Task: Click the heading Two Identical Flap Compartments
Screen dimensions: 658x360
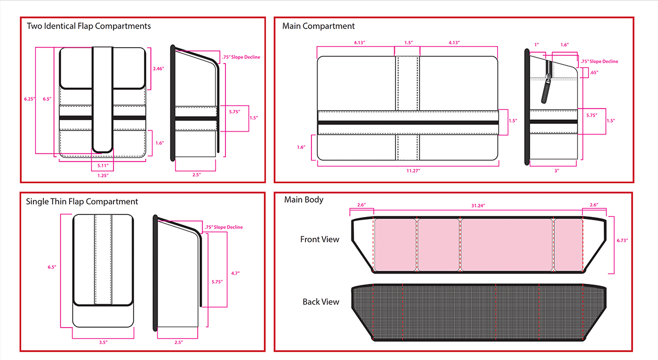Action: (89, 26)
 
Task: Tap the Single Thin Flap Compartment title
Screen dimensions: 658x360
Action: (82, 202)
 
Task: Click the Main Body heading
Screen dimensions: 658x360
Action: (304, 199)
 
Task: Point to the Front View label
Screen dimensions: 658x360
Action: (320, 239)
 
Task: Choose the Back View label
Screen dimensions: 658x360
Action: (321, 302)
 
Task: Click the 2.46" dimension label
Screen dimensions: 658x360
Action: (158, 68)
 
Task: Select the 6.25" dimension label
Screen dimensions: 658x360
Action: (29, 99)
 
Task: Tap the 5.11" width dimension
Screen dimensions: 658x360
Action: (103, 165)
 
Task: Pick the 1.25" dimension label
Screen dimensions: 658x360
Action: (103, 175)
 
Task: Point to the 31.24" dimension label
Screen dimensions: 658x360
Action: (478, 205)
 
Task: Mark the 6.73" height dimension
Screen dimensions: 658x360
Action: (622, 240)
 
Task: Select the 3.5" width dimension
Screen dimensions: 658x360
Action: (103, 342)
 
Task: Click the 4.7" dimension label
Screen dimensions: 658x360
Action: (236, 272)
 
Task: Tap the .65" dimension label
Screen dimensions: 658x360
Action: (594, 72)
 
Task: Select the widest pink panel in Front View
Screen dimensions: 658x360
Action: (506, 244)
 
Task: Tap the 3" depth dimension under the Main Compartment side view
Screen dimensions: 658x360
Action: (556, 171)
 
